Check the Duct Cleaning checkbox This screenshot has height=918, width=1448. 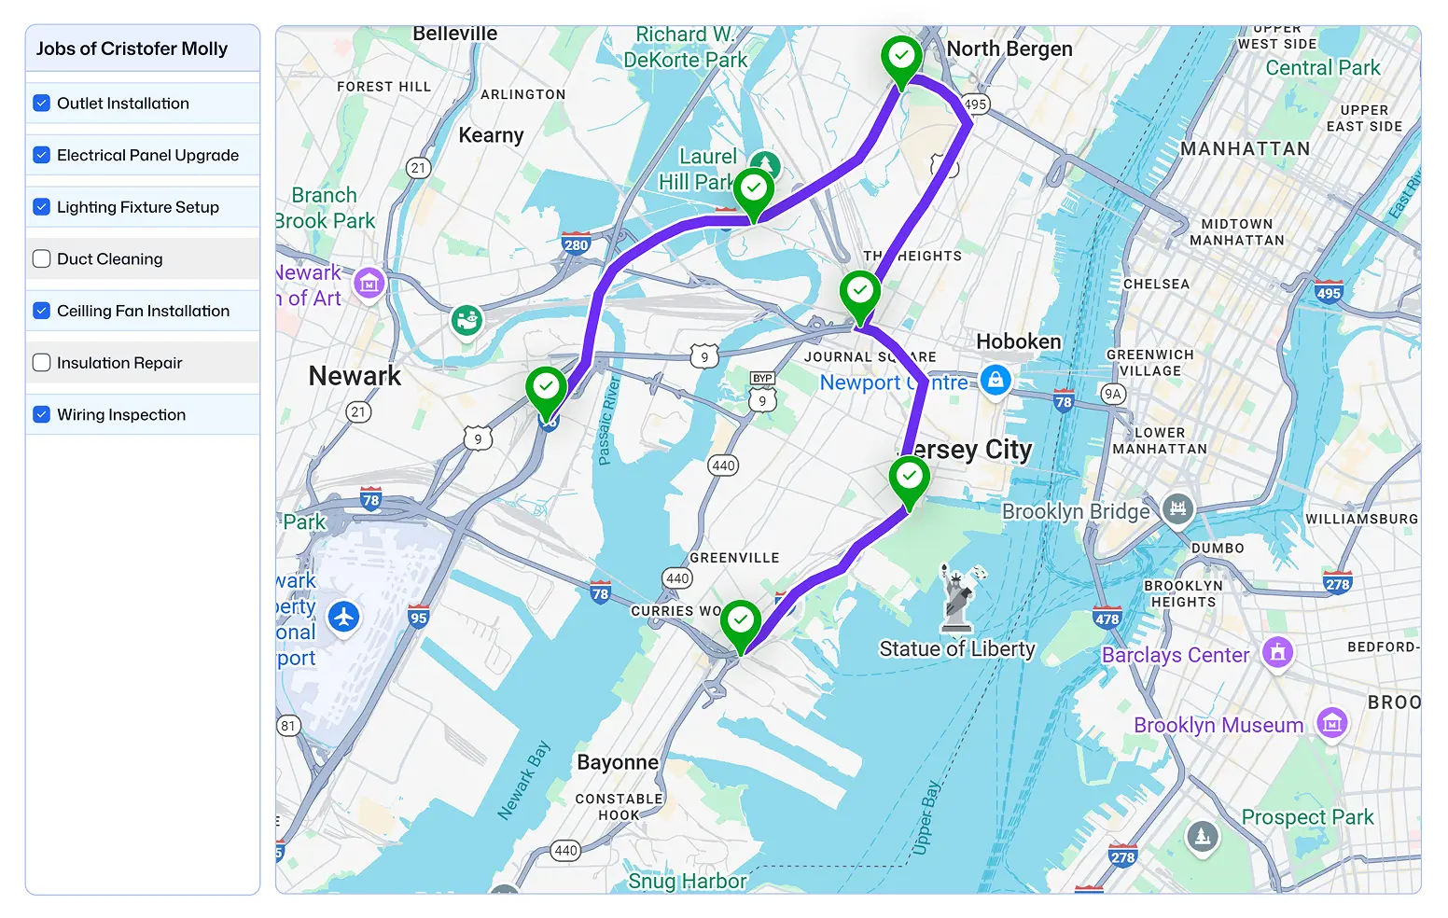[42, 258]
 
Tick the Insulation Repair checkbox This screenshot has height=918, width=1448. [42, 362]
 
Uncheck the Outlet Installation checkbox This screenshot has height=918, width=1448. [42, 103]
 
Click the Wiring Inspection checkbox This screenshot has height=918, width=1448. [42, 414]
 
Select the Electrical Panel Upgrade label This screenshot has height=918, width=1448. [147, 155]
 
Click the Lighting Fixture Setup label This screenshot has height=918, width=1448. [137, 207]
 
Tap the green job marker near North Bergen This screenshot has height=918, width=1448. [901, 59]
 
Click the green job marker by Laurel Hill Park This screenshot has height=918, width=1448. [754, 190]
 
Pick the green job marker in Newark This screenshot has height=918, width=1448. [546, 388]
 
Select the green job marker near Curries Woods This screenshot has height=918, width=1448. [741, 622]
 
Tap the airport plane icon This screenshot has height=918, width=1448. [344, 617]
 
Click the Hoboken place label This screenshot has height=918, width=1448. [1018, 341]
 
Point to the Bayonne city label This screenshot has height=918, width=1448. [617, 762]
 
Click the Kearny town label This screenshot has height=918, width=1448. [491, 135]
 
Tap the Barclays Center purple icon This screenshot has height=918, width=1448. [1277, 652]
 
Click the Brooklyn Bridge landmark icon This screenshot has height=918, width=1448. [1177, 508]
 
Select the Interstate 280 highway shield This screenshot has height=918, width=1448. [576, 244]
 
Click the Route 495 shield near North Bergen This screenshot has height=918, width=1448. [975, 104]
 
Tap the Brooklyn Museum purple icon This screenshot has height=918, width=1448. [1331, 722]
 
